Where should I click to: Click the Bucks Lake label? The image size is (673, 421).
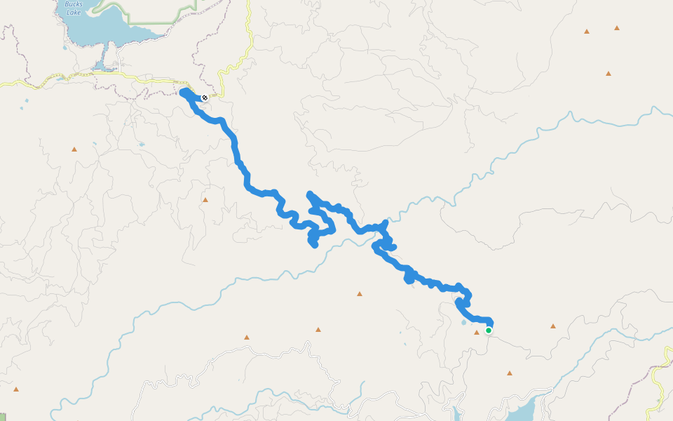(74, 8)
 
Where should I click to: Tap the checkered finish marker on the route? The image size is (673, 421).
(204, 98)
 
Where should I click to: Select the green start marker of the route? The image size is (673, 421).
(488, 330)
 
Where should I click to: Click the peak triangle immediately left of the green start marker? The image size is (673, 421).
(477, 332)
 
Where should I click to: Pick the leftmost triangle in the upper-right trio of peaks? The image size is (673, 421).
(587, 31)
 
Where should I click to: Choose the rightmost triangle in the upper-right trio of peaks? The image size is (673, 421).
(617, 28)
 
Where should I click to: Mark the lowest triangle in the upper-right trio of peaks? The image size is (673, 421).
(609, 73)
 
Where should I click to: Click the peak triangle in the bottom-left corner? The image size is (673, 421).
(15, 389)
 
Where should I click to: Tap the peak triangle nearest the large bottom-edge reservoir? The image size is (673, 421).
(510, 373)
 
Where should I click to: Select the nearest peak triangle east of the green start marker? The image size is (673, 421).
(553, 326)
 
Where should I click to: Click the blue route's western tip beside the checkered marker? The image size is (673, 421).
(183, 92)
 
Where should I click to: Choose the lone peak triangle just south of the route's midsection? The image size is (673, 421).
(360, 293)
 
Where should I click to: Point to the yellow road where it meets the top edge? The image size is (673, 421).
(248, 3)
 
